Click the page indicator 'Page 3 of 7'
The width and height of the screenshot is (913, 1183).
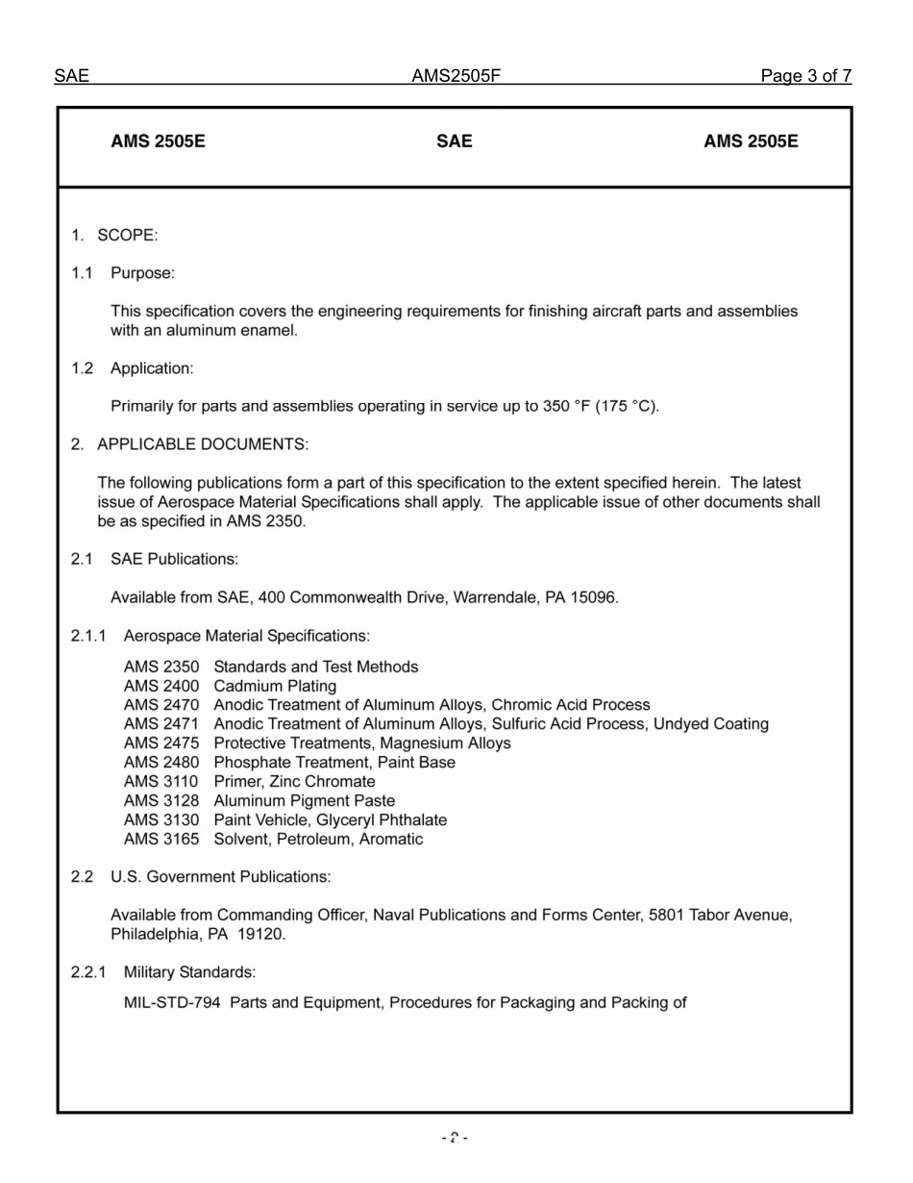805,76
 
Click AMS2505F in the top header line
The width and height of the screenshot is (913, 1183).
456,76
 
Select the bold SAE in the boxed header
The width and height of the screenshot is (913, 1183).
454,141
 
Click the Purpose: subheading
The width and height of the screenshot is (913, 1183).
142,273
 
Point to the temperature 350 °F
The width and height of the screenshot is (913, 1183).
565,406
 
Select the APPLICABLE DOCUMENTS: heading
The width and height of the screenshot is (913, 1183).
203,444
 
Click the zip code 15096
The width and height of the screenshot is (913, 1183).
594,597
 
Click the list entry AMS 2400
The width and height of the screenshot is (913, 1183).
161,686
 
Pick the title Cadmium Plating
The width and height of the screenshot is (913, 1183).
275,686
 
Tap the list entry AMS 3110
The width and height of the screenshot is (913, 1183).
161,781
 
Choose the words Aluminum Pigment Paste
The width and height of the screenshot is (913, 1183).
304,800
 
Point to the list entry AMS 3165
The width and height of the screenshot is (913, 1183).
161,839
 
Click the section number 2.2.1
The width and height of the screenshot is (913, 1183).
88,971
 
